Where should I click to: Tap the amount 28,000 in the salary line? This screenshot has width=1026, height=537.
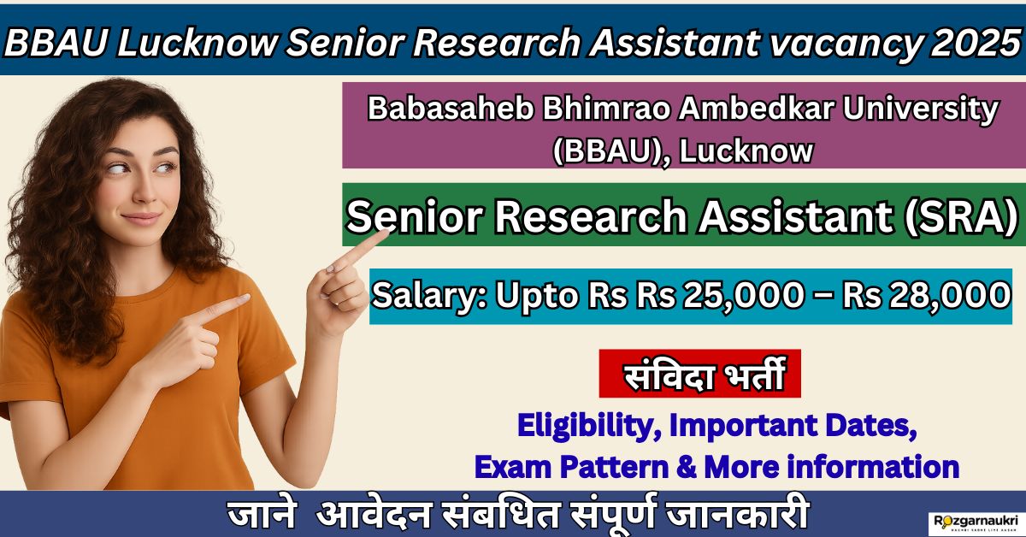(941, 296)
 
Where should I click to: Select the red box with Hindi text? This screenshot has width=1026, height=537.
(699, 373)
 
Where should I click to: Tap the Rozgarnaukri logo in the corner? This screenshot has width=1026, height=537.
(972, 521)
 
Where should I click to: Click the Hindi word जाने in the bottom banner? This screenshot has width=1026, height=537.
(261, 517)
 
